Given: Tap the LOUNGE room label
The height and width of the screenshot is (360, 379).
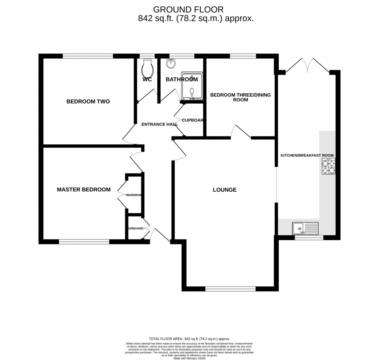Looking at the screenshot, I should (225, 190).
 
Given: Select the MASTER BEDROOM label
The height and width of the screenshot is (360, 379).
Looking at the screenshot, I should (84, 190).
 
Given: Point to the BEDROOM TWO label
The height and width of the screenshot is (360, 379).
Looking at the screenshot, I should (88, 101).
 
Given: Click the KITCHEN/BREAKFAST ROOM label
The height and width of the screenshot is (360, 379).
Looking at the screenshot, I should (307, 155).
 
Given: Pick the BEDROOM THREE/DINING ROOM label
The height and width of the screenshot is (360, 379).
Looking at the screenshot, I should (241, 97).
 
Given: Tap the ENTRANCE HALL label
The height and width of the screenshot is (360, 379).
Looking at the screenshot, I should (160, 124).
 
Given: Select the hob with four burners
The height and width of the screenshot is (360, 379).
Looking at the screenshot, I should (329, 166).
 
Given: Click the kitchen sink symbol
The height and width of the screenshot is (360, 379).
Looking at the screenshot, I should (305, 228).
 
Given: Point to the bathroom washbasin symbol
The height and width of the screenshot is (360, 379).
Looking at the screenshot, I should (171, 63).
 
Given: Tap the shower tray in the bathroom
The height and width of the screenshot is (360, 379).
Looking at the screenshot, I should (192, 86).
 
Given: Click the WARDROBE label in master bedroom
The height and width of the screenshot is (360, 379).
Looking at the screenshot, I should (134, 195).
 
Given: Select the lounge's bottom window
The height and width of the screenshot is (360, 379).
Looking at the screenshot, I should (230, 289).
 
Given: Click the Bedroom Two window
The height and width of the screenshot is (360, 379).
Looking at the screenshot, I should (88, 56).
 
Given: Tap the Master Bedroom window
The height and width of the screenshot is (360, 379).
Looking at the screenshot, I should (84, 242).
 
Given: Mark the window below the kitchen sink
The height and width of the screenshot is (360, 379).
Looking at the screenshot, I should (309, 238).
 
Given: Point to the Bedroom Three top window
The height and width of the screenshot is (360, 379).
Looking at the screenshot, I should (243, 56).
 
